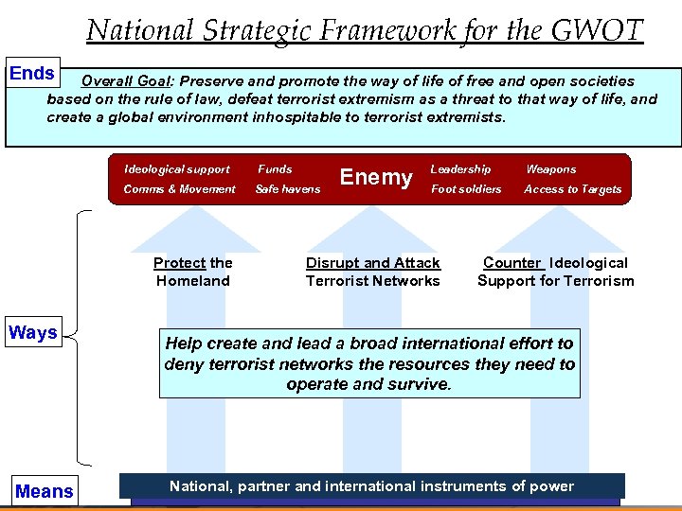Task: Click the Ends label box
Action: click(x=32, y=74)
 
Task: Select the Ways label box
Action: click(x=33, y=332)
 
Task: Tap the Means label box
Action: click(x=44, y=491)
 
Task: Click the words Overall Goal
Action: click(x=126, y=81)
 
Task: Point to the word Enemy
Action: click(x=376, y=177)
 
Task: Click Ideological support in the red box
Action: click(x=177, y=169)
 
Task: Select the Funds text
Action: click(x=276, y=169)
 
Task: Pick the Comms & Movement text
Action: click(x=180, y=189)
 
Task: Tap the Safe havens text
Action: click(x=288, y=189)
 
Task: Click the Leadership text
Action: click(x=460, y=169)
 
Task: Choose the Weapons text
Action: click(x=550, y=169)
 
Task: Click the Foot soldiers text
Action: click(x=466, y=189)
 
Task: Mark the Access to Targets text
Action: click(x=573, y=189)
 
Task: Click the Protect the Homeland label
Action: click(x=193, y=272)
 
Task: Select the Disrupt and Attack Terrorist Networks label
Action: click(x=373, y=272)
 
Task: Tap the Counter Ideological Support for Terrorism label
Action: click(x=556, y=272)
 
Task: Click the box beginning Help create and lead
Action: click(x=369, y=364)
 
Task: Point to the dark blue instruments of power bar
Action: click(x=371, y=486)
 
